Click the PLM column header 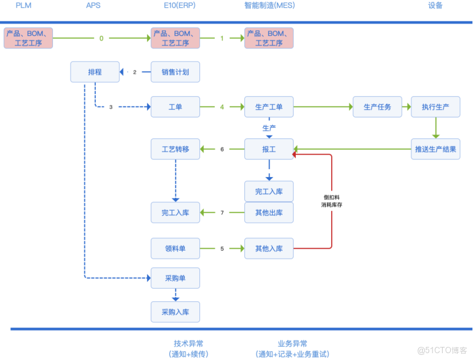pyautogui.click(x=23, y=6)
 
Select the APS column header pyautogui.click(x=93, y=6)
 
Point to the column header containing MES pyautogui.click(x=269, y=6)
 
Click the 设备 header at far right pyautogui.click(x=435, y=6)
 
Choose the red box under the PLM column pyautogui.click(x=28, y=38)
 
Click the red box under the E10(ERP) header pyautogui.click(x=176, y=38)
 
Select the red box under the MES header pyautogui.click(x=269, y=38)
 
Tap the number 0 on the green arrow pyautogui.click(x=101, y=39)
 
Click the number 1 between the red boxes pyautogui.click(x=222, y=39)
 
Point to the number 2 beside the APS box pyautogui.click(x=135, y=72)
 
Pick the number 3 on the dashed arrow pyautogui.click(x=111, y=107)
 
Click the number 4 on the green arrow pyautogui.click(x=222, y=107)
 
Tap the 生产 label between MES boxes pyautogui.click(x=269, y=128)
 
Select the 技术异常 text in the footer pyautogui.click(x=189, y=343)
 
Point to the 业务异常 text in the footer pyautogui.click(x=292, y=343)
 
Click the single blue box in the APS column pyautogui.click(x=95, y=72)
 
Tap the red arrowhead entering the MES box pyautogui.click(x=294, y=154)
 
